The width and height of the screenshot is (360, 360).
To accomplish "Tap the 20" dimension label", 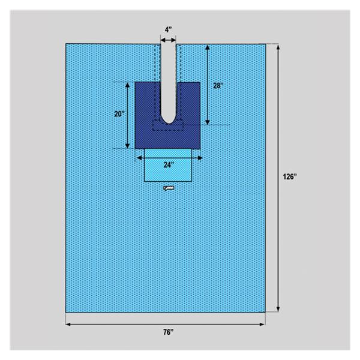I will [x=119, y=114].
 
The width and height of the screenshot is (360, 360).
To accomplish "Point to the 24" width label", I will [x=168, y=164].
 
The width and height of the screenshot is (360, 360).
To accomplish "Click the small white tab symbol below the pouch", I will [x=169, y=189].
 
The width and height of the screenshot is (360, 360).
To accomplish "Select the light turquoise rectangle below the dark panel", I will [x=168, y=170].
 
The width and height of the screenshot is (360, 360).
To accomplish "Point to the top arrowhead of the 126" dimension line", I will [x=278, y=46].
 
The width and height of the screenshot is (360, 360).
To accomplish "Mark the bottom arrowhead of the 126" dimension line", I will [x=278, y=310].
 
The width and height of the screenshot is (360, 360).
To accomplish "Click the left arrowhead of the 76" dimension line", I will [x=68, y=324].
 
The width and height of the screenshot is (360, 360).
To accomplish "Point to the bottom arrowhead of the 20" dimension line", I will [x=128, y=146].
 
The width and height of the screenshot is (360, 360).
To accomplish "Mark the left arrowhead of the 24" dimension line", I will [x=139, y=157].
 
